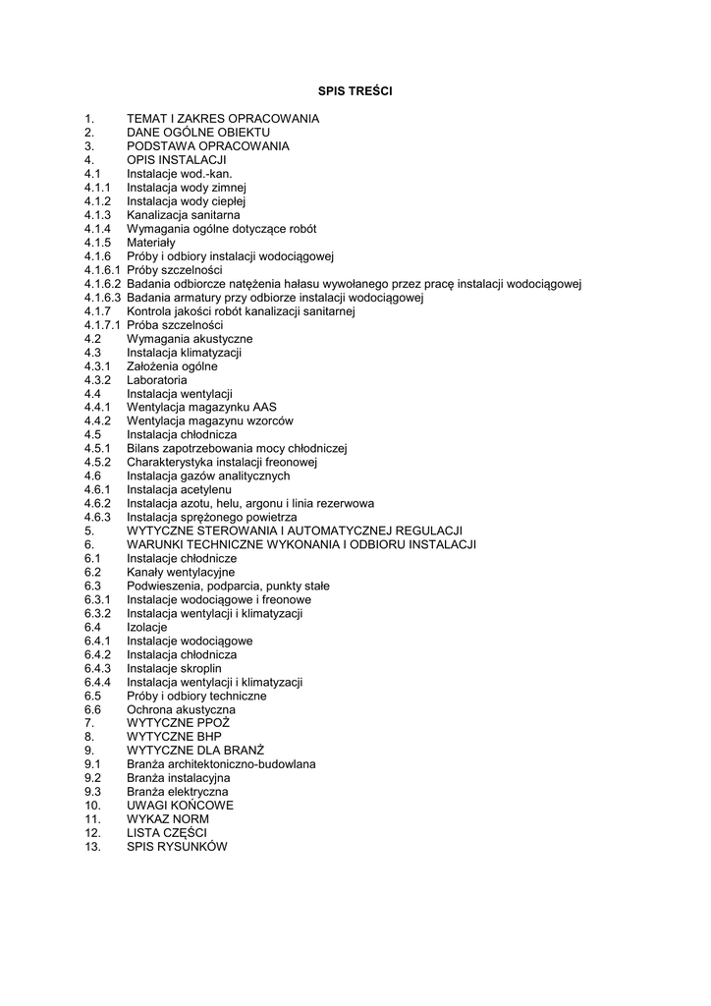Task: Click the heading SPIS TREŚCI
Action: [355, 91]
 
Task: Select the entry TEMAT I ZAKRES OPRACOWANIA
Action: [223, 119]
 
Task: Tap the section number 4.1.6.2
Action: [102, 284]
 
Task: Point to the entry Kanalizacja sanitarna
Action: [184, 215]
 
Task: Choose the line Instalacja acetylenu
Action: [179, 489]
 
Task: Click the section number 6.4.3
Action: [97, 668]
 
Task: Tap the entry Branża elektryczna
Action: [178, 792]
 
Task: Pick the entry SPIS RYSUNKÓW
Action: [177, 847]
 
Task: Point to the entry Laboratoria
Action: [157, 380]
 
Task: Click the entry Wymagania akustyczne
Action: [190, 339]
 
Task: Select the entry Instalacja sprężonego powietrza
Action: [212, 517]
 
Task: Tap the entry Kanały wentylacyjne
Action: [181, 572]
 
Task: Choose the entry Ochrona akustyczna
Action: [182, 709]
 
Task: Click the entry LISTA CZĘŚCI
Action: [167, 833]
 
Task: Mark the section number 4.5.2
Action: [97, 462]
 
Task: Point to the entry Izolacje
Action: [147, 627]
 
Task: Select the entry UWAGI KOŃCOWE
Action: [181, 806]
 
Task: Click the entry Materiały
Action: [151, 243]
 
